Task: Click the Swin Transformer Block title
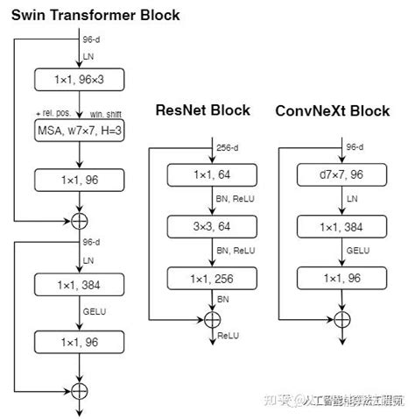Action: coord(95,15)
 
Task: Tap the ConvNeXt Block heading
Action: coord(332,110)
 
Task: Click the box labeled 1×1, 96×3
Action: coord(80,80)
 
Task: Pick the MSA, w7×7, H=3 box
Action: coord(80,133)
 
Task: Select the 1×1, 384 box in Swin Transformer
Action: coord(80,285)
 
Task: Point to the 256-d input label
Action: coord(225,147)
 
